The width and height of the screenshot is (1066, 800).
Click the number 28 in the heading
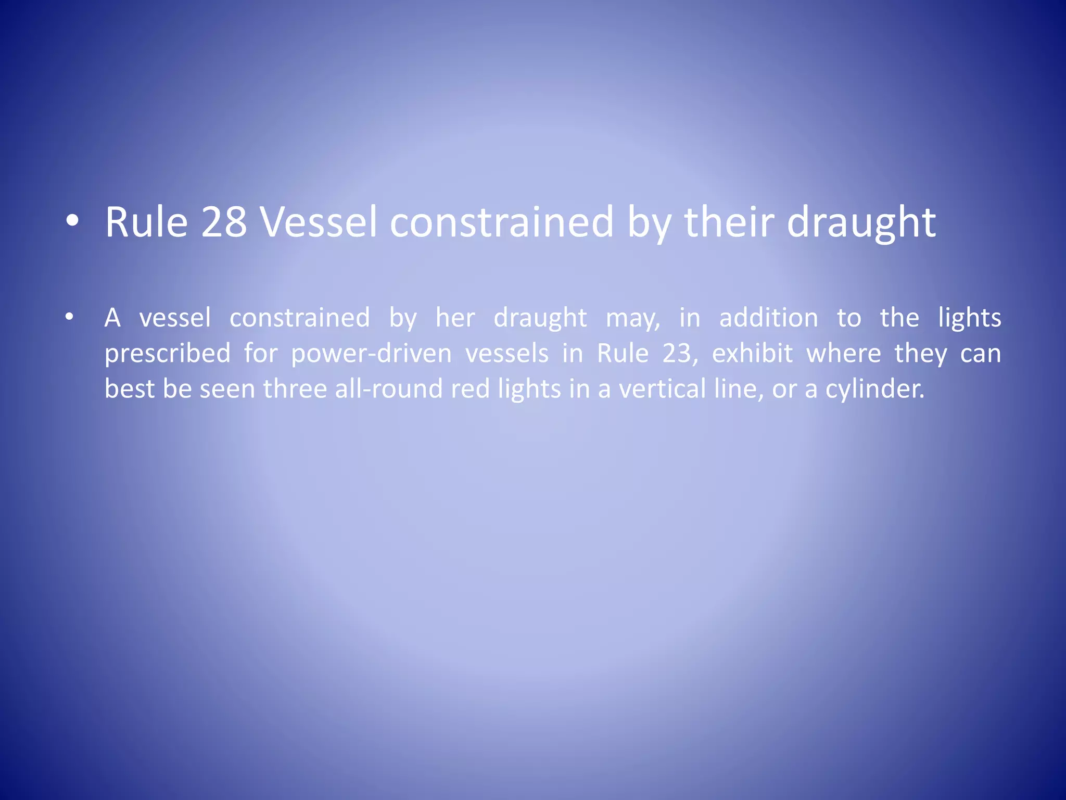[x=224, y=222]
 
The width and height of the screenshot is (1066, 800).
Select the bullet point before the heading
[x=72, y=221]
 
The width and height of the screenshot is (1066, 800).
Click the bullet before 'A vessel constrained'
[x=69, y=316]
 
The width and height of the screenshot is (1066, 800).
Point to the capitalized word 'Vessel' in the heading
[x=319, y=222]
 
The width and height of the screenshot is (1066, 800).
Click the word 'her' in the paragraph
[x=455, y=318]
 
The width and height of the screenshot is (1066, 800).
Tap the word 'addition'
[x=768, y=318]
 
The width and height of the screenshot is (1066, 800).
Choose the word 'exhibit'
[x=752, y=353]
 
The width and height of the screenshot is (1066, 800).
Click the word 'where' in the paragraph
[x=843, y=353]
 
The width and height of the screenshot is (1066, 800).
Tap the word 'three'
[x=295, y=389]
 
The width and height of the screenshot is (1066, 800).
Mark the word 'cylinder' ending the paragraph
[x=874, y=389]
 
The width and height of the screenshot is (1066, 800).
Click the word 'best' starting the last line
[x=130, y=389]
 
